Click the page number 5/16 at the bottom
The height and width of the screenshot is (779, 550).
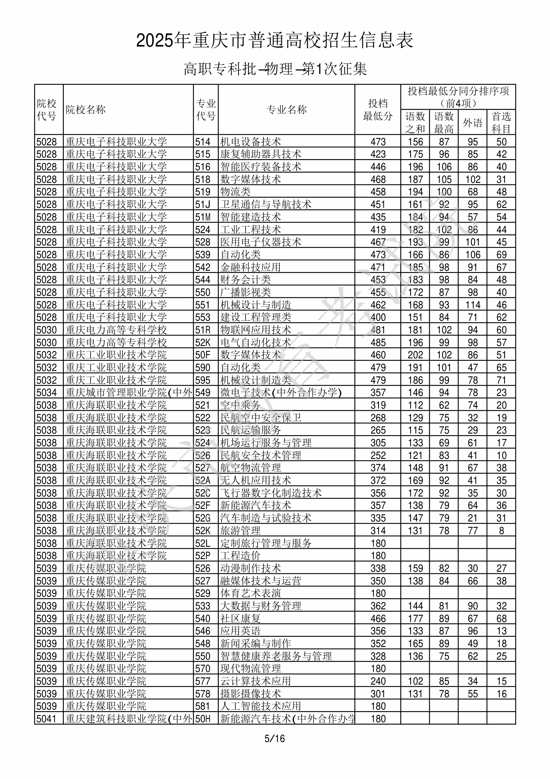(x=275, y=738)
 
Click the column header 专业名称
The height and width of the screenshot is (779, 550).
(x=287, y=109)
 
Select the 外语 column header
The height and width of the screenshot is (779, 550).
(x=472, y=122)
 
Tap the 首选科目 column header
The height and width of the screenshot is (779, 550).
(x=501, y=122)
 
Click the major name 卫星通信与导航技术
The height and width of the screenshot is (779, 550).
(x=266, y=204)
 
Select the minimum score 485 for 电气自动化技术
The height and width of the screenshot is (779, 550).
(x=378, y=342)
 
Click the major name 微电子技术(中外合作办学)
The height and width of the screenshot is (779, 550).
(x=281, y=393)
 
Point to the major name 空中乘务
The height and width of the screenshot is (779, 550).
(x=240, y=405)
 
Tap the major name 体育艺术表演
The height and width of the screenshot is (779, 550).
(x=250, y=593)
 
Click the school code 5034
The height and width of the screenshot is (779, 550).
(x=47, y=393)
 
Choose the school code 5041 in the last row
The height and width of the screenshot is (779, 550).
(x=47, y=719)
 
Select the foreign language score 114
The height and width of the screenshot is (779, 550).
(x=473, y=305)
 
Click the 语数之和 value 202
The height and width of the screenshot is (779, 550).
(x=415, y=355)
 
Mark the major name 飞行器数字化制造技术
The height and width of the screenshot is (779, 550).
(x=271, y=493)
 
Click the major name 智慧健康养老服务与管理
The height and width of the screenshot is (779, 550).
(x=276, y=656)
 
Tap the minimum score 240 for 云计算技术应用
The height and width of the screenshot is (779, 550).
(x=378, y=681)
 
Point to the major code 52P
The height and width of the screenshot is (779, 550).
(x=203, y=556)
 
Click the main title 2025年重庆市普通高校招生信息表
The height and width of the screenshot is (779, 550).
(x=275, y=40)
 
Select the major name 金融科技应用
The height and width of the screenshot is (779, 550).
(x=250, y=267)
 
